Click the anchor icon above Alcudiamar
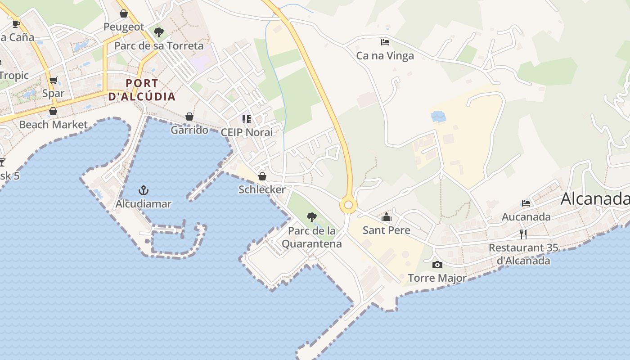click(x=144, y=190)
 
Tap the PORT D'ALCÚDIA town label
click(x=142, y=90)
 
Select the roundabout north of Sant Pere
click(x=348, y=205)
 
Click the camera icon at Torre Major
click(x=437, y=265)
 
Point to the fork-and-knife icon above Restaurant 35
click(x=523, y=234)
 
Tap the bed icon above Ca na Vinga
click(x=385, y=42)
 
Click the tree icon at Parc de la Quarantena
click(x=311, y=217)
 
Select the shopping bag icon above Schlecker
click(x=262, y=176)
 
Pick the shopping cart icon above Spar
click(x=54, y=81)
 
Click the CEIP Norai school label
click(x=247, y=132)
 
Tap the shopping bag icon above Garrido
click(x=189, y=117)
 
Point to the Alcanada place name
click(x=594, y=198)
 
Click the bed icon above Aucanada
click(x=526, y=203)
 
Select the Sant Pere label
click(x=387, y=230)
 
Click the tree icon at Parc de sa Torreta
click(x=158, y=32)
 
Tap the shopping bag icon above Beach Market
click(x=53, y=111)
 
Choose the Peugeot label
click(x=124, y=27)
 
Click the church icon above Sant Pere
click(x=387, y=217)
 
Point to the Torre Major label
click(x=437, y=278)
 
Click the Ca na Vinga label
click(x=385, y=56)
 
